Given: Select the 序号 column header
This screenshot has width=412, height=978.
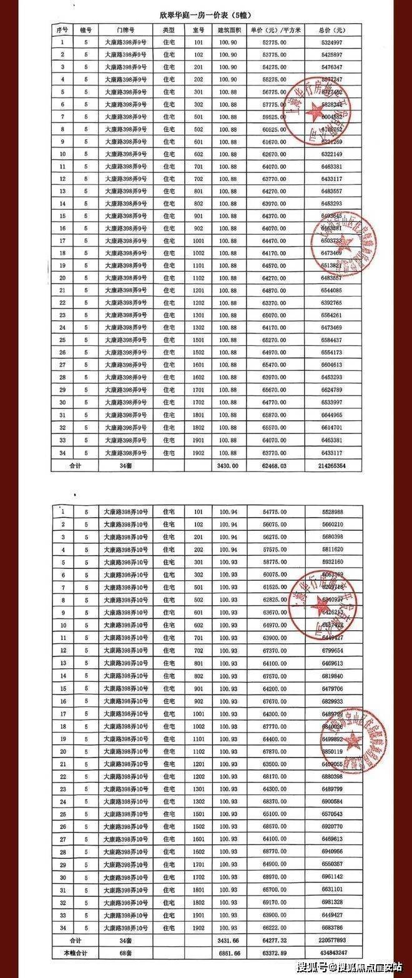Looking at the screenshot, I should pyautogui.click(x=62, y=30).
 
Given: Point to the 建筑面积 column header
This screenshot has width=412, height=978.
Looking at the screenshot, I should pyautogui.click(x=228, y=30).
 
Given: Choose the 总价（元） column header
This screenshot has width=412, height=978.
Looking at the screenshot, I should pyautogui.click(x=330, y=30).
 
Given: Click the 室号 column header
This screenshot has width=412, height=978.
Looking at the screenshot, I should pyautogui.click(x=199, y=30).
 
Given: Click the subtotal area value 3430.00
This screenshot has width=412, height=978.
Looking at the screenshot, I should pyautogui.click(x=228, y=465).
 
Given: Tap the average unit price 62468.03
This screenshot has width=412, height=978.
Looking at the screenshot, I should pyautogui.click(x=275, y=465).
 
